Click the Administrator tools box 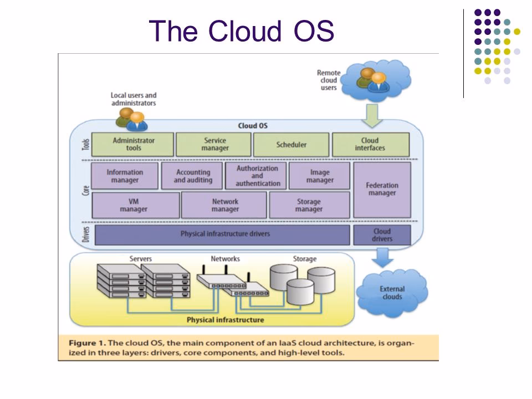[x=133, y=145]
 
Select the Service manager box [x=213, y=145]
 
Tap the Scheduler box [x=291, y=145]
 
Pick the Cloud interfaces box [x=370, y=145]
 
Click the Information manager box [x=125, y=176]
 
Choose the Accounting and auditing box [x=192, y=176]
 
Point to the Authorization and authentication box [x=257, y=176]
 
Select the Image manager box [x=320, y=176]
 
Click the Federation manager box [x=382, y=190]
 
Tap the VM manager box [x=135, y=206]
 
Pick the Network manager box [x=224, y=206]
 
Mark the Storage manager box [x=309, y=206]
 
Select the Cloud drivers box [x=382, y=235]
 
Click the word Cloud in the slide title [x=242, y=31]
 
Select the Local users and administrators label [x=134, y=99]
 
